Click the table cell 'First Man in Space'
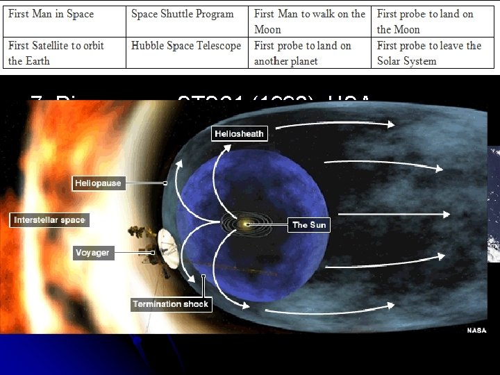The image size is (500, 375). [65, 22]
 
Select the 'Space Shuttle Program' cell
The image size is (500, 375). [186, 22]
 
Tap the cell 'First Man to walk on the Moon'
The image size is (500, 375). [310, 22]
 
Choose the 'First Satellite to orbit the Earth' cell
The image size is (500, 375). [65, 53]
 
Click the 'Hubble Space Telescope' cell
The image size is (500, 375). [186, 53]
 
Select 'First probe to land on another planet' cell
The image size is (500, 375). [310, 53]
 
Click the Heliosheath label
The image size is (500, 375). [239, 134]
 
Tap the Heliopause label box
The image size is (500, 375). [97, 183]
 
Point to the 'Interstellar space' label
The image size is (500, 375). [49, 220]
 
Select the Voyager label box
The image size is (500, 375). [92, 253]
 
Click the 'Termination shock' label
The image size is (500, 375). [170, 304]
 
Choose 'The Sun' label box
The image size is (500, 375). [308, 225]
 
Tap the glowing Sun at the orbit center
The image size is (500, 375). [245, 224]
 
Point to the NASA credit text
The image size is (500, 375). [476, 331]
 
